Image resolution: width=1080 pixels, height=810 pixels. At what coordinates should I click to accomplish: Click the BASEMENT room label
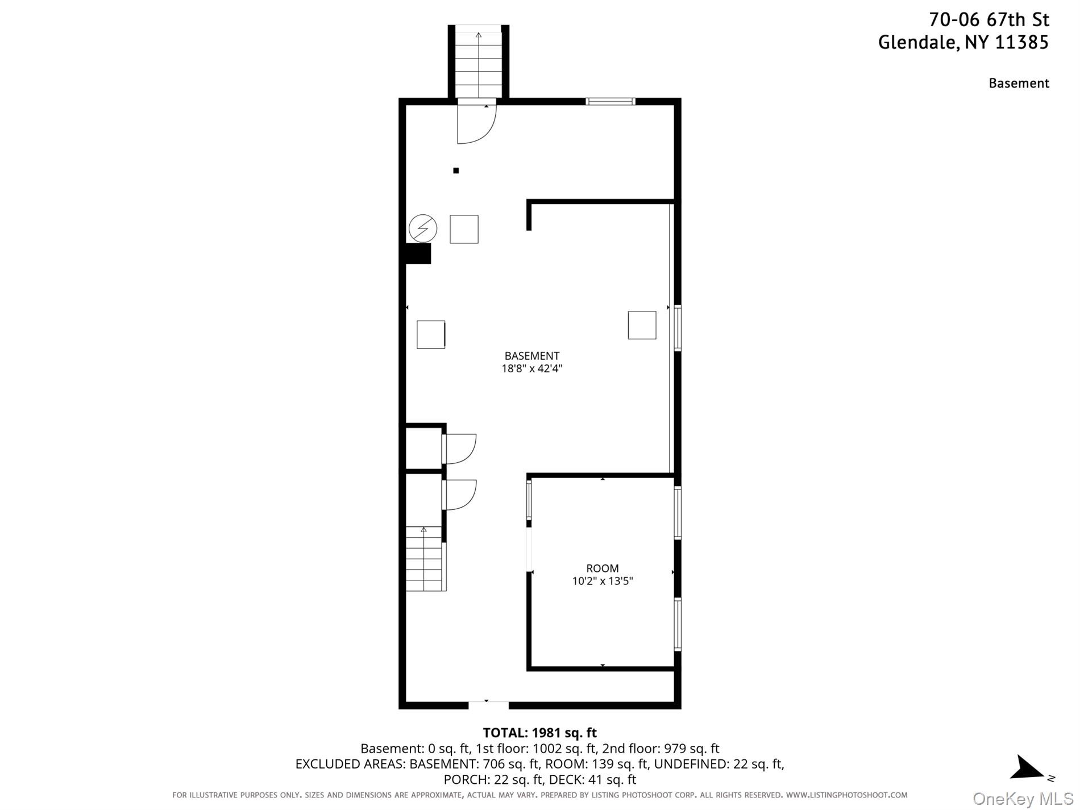click(531, 356)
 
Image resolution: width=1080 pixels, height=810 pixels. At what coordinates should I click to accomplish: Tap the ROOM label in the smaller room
click(603, 568)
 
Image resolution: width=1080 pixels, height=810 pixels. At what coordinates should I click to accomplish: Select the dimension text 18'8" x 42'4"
click(531, 368)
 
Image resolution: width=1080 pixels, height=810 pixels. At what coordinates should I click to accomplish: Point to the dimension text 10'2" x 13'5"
click(603, 581)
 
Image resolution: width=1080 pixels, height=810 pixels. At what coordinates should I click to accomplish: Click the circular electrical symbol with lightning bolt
click(423, 229)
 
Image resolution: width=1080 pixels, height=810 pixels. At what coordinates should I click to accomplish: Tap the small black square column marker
click(456, 171)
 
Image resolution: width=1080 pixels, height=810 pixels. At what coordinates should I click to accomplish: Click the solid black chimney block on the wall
click(418, 254)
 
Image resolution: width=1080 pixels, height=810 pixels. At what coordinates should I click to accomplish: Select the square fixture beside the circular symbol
click(464, 230)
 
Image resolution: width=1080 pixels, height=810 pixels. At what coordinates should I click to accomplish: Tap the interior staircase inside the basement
click(424, 559)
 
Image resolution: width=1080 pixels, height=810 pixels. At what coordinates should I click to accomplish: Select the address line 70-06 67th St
click(988, 20)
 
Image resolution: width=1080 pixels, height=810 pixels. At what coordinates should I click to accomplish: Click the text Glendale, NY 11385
click(963, 43)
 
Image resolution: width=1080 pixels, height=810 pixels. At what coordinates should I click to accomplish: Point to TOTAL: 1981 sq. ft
click(539, 733)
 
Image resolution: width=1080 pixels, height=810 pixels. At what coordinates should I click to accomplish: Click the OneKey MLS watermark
click(1023, 799)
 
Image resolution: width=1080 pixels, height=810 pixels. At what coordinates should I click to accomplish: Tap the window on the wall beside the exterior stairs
click(610, 102)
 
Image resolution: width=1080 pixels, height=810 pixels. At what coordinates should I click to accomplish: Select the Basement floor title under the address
click(1019, 83)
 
